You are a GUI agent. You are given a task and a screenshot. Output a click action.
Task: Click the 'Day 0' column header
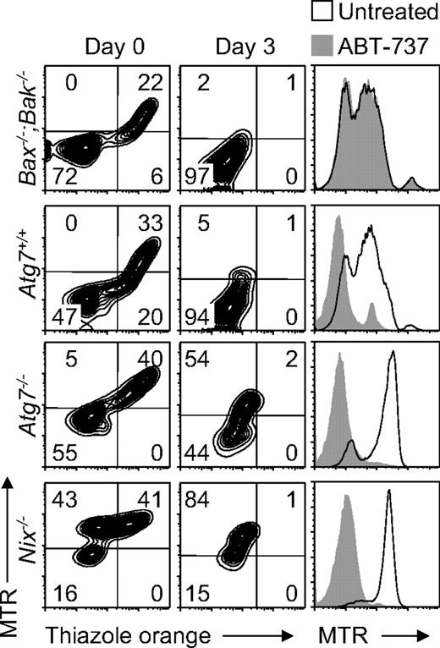click(x=106, y=42)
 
